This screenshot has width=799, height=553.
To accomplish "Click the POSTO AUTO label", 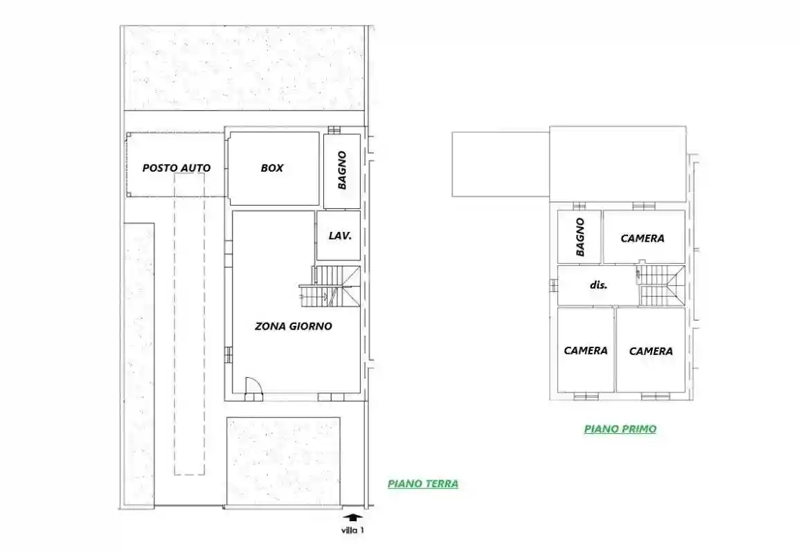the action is pos(177,167).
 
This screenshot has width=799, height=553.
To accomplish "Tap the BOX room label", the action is pos(272,167).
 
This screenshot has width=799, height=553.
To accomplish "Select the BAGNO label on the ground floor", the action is pos(342,170).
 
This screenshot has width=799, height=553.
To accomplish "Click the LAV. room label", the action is pos(340,236).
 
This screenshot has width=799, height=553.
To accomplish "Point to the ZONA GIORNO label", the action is pos(294,326).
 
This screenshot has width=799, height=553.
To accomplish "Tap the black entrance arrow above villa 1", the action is pos(353,517).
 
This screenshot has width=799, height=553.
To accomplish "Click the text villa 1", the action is pos(352,530).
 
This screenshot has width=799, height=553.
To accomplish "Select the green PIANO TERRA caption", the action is pos(423,483).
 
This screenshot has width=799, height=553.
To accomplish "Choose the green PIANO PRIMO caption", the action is pos(620,428).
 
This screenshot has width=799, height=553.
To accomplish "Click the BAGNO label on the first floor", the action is pos(580,237).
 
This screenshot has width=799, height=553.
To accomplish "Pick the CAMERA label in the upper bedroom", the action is pos(643,238).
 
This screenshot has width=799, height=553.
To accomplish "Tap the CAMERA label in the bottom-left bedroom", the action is pos(586,350).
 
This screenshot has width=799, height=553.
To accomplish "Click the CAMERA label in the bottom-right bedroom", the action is pos(651,351).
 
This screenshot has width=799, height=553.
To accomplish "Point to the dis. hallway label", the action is pos(598,284).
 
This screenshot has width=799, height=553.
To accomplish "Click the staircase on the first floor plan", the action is pos(661,285).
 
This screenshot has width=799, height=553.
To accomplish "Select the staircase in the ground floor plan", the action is pos(330,287).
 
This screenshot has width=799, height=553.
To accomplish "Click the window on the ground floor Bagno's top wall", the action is pos(334,130).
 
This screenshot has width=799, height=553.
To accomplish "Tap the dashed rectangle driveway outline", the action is pos(190,324).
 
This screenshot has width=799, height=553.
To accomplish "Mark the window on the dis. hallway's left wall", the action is pos(553,286).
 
